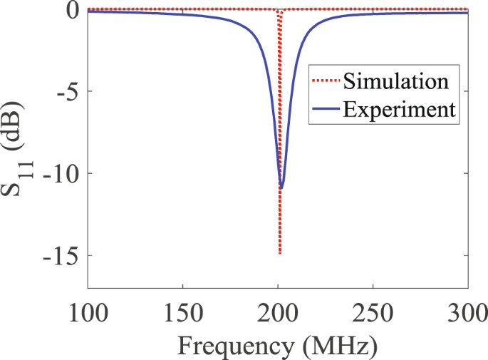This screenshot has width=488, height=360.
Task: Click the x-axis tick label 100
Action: tap(87, 312)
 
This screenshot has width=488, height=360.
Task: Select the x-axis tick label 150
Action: tap(182, 312)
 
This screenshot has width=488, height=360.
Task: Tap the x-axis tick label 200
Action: tap(278, 312)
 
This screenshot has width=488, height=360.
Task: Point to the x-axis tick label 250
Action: tap(373, 312)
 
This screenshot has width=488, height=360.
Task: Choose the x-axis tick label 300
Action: tap(467, 312)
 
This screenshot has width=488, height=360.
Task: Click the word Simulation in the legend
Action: tap(396, 81)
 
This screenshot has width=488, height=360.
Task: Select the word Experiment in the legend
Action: tap(398, 109)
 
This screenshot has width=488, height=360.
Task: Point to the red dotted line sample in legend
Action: tap(325, 81)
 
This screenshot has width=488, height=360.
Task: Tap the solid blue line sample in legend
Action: tap(325, 110)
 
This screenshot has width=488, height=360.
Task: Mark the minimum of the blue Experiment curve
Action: tap(281, 188)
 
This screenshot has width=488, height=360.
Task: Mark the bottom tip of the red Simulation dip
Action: tap(280, 253)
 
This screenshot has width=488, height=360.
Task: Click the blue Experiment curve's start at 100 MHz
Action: tap(88, 11)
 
